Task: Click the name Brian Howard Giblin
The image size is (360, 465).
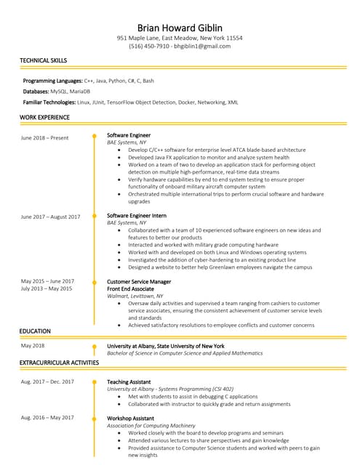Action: pos(180,28)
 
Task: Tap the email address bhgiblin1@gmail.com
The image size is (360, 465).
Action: pos(201,46)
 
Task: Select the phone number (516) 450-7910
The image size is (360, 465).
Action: pos(149,46)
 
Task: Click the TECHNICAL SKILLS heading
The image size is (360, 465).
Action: pos(44,60)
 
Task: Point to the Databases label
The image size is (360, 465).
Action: pos(36,92)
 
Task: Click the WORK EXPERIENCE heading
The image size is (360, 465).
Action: pos(44,117)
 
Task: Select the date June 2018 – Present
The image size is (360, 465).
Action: pos(44,137)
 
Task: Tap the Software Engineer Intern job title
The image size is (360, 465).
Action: pos(137,216)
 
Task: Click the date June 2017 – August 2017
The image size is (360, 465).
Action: pos(50,217)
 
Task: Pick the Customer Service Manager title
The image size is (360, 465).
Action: pos(139,281)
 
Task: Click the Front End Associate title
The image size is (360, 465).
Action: pos(130,288)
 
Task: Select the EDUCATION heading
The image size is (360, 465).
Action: pos(35,331)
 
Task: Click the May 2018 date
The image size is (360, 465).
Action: pos(33,346)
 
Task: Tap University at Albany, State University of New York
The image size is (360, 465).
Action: pos(165,346)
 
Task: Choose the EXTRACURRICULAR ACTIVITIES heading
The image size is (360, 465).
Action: pos(59,362)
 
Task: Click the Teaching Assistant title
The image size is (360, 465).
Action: pos(129,381)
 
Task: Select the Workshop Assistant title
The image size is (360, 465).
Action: pos(130,418)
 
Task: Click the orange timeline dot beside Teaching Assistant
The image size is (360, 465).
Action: pos(94,381)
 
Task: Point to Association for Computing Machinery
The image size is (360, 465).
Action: pos(151,425)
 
